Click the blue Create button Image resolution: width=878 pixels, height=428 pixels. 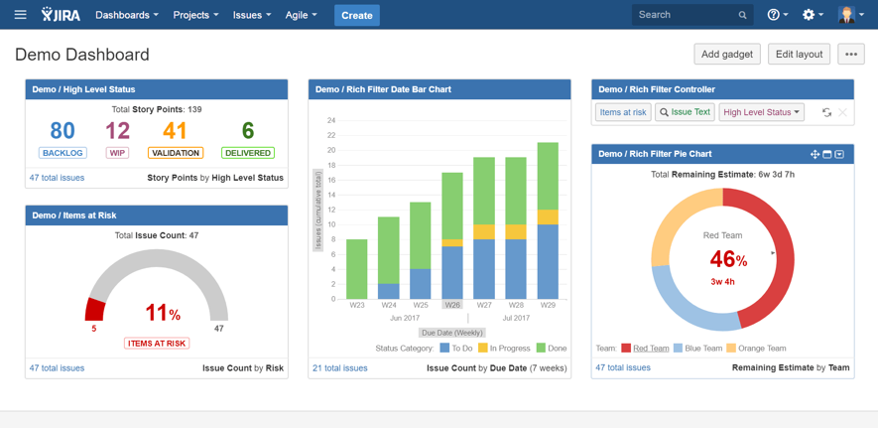click(x=356, y=15)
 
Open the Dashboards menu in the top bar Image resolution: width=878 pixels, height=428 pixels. click(x=126, y=15)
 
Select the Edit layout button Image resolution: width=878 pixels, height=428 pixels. click(x=799, y=55)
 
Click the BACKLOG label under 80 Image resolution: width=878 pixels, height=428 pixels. click(x=63, y=153)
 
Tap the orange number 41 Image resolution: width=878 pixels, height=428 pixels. click(x=176, y=131)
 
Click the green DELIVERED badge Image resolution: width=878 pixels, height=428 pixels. click(x=248, y=153)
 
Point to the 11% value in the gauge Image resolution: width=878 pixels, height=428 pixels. click(x=162, y=314)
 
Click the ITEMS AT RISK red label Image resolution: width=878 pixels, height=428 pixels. click(x=158, y=344)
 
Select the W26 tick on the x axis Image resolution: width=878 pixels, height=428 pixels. click(x=452, y=305)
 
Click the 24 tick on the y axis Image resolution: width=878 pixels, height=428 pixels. click(x=331, y=121)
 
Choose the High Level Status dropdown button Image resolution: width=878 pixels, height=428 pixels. click(x=761, y=112)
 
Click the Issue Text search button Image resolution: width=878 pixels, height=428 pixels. click(x=685, y=112)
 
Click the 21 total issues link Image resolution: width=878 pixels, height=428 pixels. click(x=339, y=368)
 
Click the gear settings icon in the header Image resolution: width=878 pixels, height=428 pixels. click(x=809, y=15)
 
